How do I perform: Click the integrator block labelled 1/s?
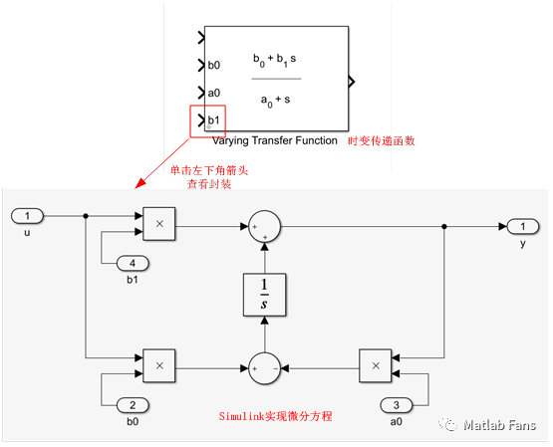coord(264,294)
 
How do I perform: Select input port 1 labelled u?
coord(28,216)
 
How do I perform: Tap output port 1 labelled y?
coord(522,226)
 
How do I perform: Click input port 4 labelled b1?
coord(133,264)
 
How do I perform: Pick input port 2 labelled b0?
coord(133,405)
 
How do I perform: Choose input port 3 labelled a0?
coord(396,405)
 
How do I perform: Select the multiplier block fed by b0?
coord(158,366)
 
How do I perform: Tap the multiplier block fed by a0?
coord(375,366)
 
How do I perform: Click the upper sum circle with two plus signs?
coord(264,226)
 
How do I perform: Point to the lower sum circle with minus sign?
coord(264,366)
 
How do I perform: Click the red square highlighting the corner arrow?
coord(207,121)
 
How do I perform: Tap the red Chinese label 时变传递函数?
coord(381,141)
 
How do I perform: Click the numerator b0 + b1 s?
coord(275,60)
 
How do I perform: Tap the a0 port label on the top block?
coord(213,94)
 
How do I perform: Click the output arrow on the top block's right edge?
coord(352,80)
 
